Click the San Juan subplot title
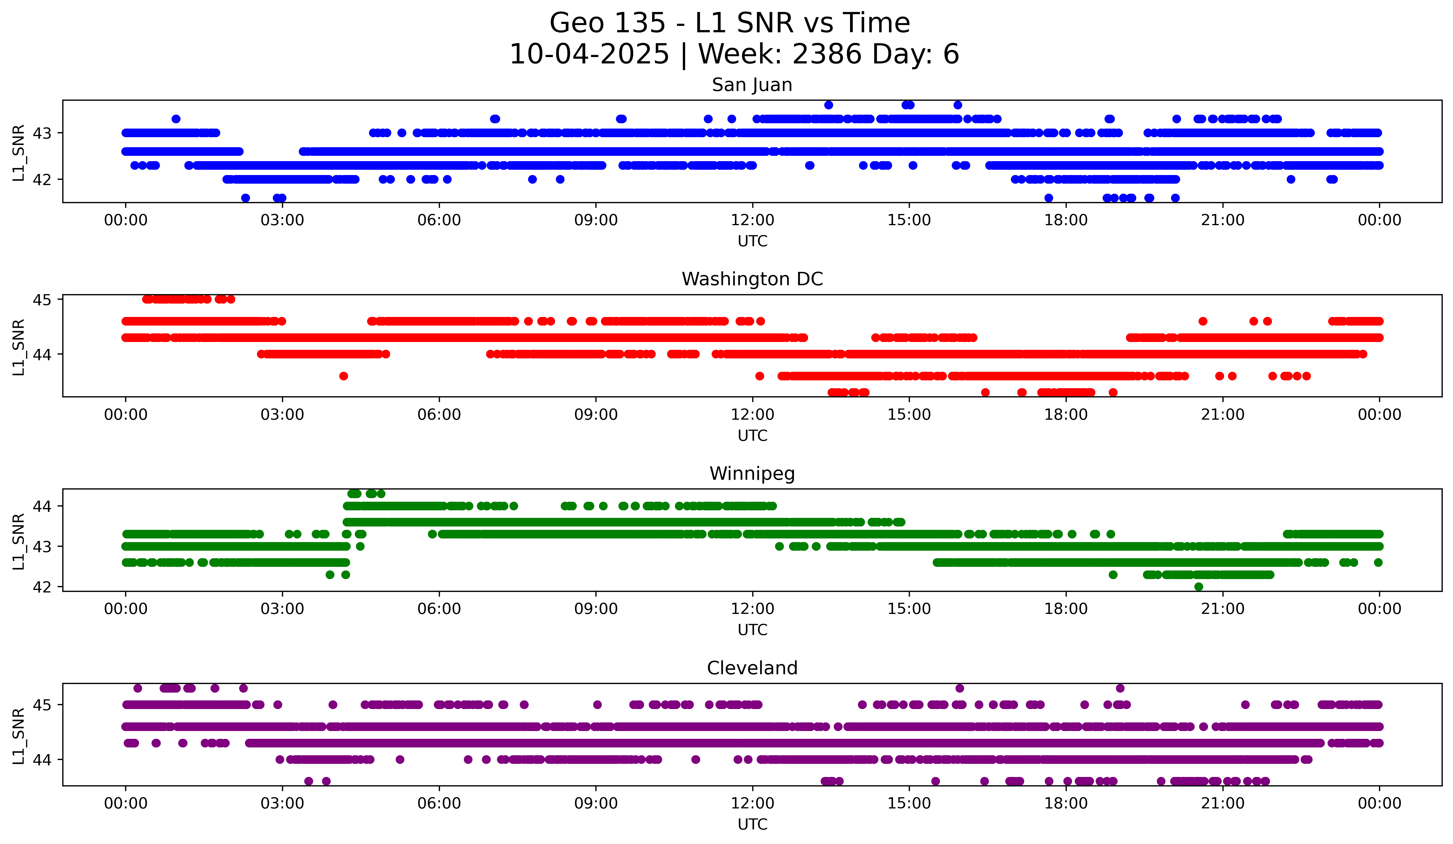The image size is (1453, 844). pos(752,85)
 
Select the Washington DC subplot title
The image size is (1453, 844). pos(752,279)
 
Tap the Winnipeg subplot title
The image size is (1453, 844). pos(752,474)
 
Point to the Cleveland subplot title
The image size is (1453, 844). pos(752,668)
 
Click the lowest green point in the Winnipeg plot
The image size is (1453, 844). pos(1199,587)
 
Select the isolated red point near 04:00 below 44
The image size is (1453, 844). pos(344,376)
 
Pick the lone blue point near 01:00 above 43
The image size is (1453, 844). pos(176,119)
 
